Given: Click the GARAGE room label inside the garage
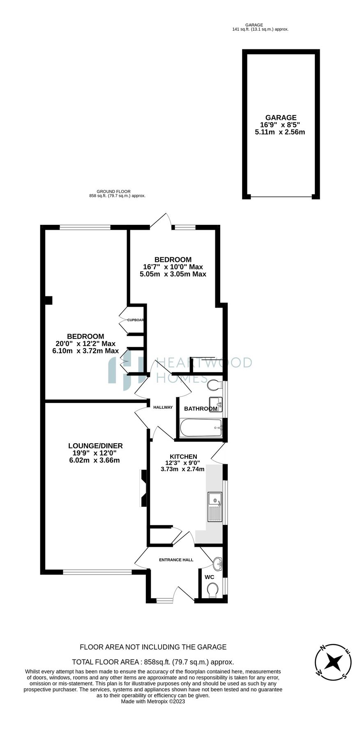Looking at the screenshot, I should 281,118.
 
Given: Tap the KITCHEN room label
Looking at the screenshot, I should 183,456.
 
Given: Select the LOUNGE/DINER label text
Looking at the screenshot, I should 95,446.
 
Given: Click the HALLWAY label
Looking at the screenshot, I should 163,407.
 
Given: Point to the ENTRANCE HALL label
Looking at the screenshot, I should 176,560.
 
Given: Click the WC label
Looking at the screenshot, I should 210,577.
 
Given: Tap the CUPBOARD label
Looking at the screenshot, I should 135,320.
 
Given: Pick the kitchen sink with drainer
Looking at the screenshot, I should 215,506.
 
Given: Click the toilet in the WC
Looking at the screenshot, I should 213,591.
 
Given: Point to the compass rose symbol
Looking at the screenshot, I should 333,662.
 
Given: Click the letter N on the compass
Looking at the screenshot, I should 323,648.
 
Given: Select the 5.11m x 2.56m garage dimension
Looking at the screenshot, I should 280,132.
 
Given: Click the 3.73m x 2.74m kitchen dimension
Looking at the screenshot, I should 182,469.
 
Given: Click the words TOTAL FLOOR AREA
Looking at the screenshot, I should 106,662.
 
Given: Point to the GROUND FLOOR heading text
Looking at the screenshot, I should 113,192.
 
